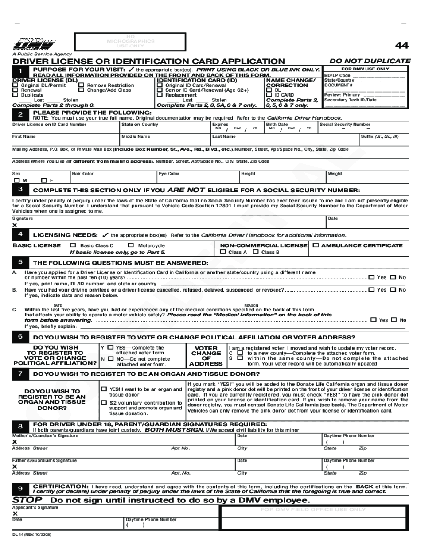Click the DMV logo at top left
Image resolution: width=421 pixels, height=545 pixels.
point(34,45)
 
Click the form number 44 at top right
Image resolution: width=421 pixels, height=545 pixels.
point(402,46)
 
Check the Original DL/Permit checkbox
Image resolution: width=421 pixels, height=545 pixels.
point(16,85)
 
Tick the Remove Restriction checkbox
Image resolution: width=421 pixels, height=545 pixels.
point(81,85)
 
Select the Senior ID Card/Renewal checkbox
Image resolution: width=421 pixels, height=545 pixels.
point(160,90)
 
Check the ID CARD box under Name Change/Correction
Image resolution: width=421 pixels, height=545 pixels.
point(269,95)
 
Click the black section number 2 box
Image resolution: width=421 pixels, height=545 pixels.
point(19,115)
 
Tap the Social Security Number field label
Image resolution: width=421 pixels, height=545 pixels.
point(345,125)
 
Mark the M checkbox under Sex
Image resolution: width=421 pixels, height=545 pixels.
point(16,180)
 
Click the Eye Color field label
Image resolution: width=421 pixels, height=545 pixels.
point(169,174)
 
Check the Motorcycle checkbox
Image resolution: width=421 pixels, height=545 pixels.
point(131,245)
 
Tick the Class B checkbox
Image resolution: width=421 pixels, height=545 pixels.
point(256,252)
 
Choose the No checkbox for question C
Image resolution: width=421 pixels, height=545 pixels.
point(394,319)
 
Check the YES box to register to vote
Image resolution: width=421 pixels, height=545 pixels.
point(110,348)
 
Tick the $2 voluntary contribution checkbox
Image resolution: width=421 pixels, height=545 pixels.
point(104,402)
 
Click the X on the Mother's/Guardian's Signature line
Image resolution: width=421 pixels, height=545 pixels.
point(15,442)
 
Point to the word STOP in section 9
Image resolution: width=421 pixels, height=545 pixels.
point(27,500)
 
